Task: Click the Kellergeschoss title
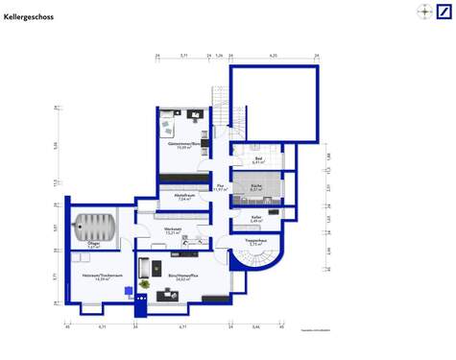tap(29, 17)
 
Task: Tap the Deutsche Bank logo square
tap(444, 12)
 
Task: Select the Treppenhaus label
tap(256, 243)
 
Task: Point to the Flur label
tap(220, 188)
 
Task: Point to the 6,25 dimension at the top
tap(274, 57)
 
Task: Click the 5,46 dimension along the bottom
tap(255, 327)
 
